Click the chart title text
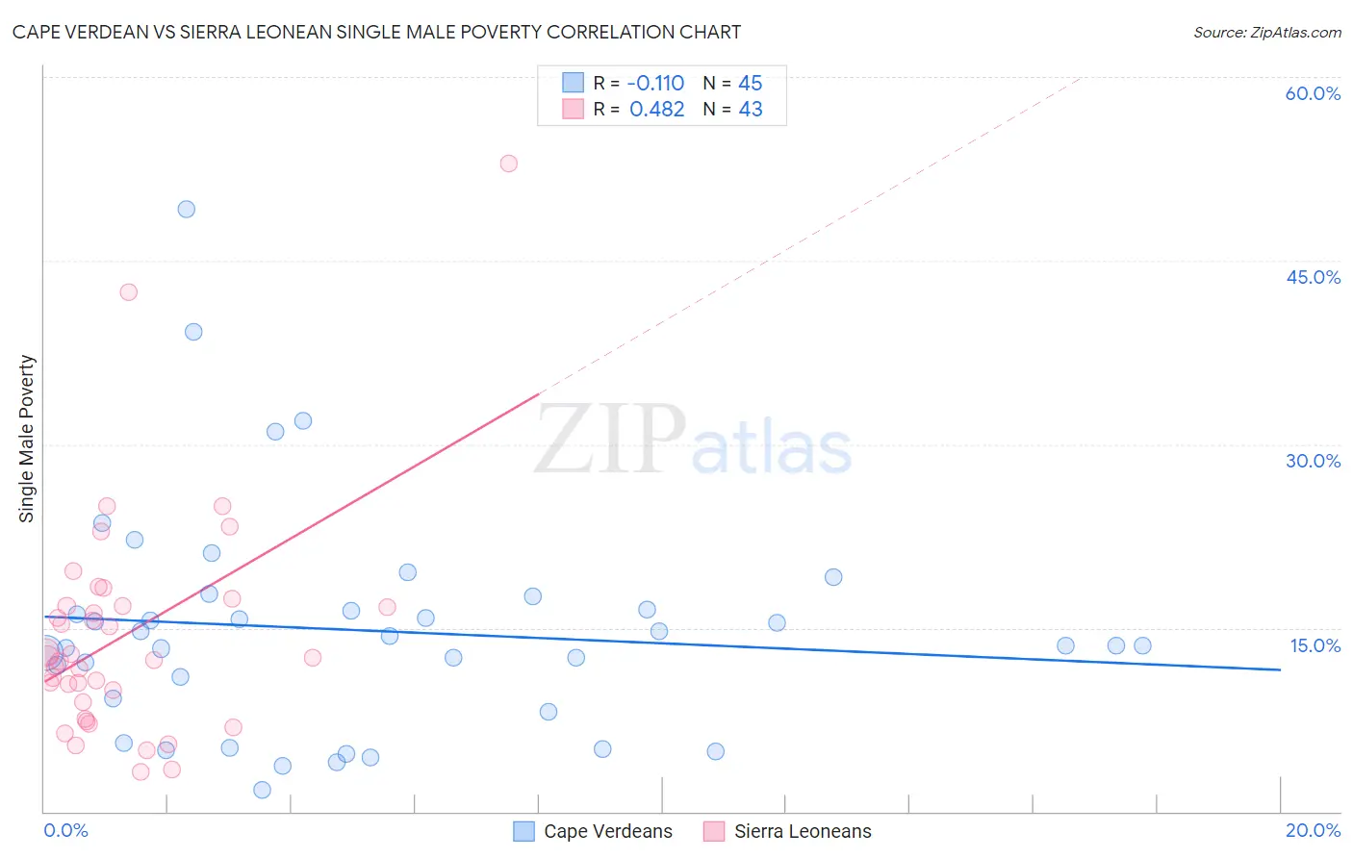pyautogui.click(x=376, y=32)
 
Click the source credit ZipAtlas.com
pyautogui.click(x=1266, y=32)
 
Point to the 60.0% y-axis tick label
pyautogui.click(x=1313, y=93)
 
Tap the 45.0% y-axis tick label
pyautogui.click(x=1313, y=277)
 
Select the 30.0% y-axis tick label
pyautogui.click(x=1313, y=461)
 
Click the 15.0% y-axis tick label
pyautogui.click(x=1315, y=645)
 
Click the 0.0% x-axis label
pyautogui.click(x=65, y=830)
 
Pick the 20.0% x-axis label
pyautogui.click(x=1313, y=830)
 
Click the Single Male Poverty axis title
pyautogui.click(x=27, y=439)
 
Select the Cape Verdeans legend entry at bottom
pyautogui.click(x=593, y=831)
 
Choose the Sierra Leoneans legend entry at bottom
pyautogui.click(x=788, y=831)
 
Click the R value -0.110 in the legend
pyautogui.click(x=655, y=84)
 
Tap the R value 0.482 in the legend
pyautogui.click(x=656, y=110)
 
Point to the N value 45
pyautogui.click(x=750, y=84)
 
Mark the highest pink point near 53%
pyautogui.click(x=509, y=164)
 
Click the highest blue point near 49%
pyautogui.click(x=187, y=210)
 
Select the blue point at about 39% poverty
pyautogui.click(x=193, y=332)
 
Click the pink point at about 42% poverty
pyautogui.click(x=129, y=292)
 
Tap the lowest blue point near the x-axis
pyautogui.click(x=262, y=790)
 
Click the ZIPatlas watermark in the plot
pyautogui.click(x=693, y=441)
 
